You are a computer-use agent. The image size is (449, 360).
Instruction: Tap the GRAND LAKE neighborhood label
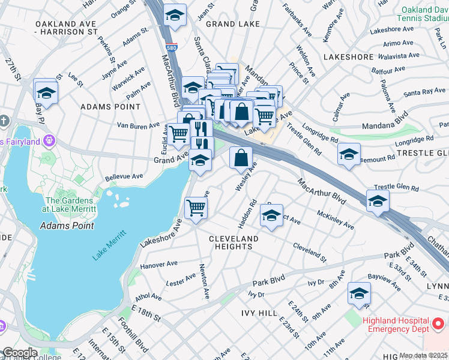[233, 24]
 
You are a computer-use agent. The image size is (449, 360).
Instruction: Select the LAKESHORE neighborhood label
[348, 56]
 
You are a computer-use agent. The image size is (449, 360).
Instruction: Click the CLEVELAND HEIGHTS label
[234, 242]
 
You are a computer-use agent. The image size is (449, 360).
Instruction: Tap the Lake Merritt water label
[110, 245]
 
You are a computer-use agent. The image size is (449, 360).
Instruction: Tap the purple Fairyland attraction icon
[49, 141]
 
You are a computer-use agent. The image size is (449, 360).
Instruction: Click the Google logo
[19, 353]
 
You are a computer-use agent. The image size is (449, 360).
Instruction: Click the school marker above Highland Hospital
[359, 293]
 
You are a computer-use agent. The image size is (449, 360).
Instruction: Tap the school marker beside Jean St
[175, 16]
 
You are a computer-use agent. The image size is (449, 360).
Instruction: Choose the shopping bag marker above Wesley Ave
[240, 158]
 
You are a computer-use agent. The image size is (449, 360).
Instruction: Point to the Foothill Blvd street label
[132, 335]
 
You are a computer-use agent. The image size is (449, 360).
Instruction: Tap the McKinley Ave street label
[336, 220]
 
